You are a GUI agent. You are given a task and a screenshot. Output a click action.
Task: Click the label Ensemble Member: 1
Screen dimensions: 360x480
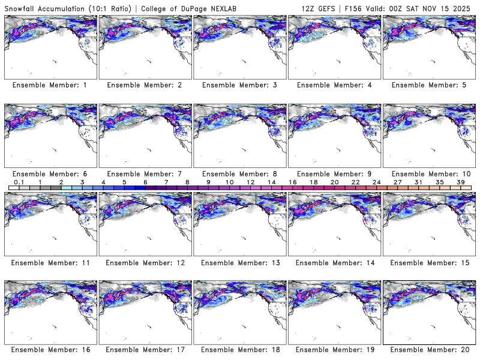point(50,85)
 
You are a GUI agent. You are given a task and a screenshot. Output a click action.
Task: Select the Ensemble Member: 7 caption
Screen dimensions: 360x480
point(145,174)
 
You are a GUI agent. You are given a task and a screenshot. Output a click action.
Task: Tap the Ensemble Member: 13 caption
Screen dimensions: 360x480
point(239,263)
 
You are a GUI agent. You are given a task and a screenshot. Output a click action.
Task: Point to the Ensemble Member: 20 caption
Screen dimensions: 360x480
point(429,349)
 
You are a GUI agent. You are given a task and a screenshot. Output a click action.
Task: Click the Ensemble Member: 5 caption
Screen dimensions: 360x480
point(429,85)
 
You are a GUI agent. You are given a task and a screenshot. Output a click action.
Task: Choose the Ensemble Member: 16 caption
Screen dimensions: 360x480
point(50,349)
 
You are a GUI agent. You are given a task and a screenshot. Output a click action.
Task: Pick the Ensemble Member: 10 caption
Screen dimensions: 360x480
point(429,174)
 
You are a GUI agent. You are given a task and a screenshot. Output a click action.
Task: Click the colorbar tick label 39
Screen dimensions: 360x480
point(461,181)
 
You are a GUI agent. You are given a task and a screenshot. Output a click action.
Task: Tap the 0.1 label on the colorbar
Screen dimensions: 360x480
point(19,181)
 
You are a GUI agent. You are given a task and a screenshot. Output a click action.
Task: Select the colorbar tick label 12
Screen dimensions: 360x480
point(250,181)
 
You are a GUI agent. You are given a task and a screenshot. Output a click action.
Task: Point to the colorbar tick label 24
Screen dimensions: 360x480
point(376,181)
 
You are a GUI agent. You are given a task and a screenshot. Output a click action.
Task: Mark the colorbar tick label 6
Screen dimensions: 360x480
point(145,181)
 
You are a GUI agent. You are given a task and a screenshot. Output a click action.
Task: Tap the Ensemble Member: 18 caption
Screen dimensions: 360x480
point(239,349)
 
